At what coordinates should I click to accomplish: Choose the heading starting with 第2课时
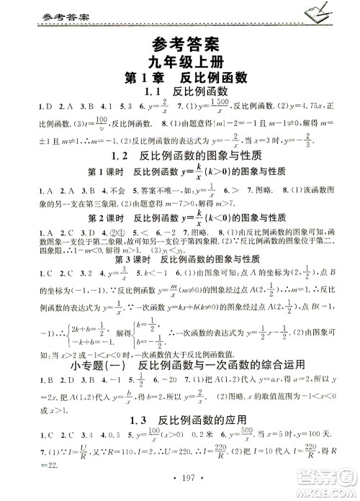(179, 236)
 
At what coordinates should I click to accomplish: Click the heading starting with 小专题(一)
(180, 382)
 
